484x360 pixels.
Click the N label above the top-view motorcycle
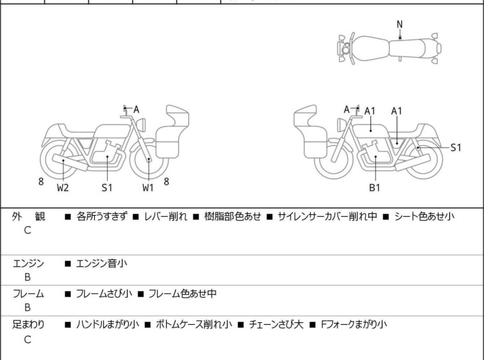pyautogui.click(x=399, y=24)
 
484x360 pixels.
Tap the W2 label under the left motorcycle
pyautogui.click(x=63, y=187)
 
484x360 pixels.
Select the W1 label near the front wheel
pyautogui.click(x=148, y=187)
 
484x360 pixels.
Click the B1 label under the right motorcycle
pyautogui.click(x=374, y=187)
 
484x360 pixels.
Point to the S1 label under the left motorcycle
pyautogui.click(x=107, y=187)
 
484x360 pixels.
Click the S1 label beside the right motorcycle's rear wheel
pyautogui.click(x=456, y=148)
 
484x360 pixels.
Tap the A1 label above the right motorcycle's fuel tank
pyautogui.click(x=369, y=111)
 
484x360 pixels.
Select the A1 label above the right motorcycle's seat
pyautogui.click(x=396, y=111)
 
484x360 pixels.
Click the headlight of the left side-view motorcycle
pyautogui.click(x=141, y=124)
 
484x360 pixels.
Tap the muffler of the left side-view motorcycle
pyautogui.click(x=70, y=162)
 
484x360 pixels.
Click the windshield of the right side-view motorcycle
pyautogui.click(x=306, y=116)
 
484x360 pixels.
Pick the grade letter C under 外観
pyautogui.click(x=28, y=230)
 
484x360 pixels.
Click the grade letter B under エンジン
pyautogui.click(x=28, y=277)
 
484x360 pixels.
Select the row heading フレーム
pyautogui.click(x=28, y=293)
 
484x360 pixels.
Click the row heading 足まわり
pyautogui.click(x=28, y=325)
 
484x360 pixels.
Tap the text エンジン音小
pyautogui.click(x=101, y=263)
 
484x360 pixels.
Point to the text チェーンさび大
pyautogui.click(x=276, y=325)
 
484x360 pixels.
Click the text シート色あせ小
pyautogui.click(x=424, y=216)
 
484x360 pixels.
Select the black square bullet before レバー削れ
pyautogui.click(x=135, y=217)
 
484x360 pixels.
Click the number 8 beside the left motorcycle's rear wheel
pyautogui.click(x=41, y=182)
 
